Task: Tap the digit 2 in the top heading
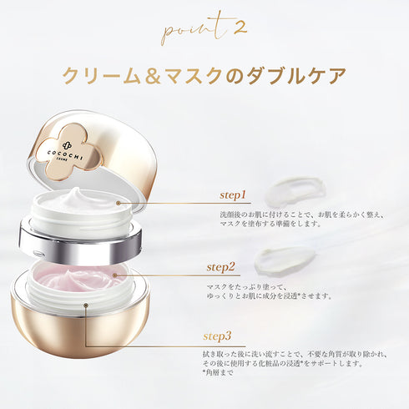[x=239, y=27]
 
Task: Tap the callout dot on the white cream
[x=118, y=202]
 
